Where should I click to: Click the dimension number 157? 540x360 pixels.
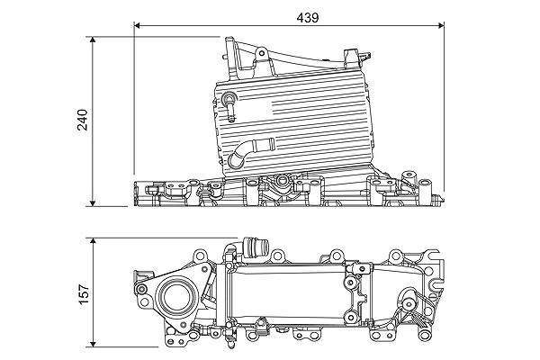pos(82,292)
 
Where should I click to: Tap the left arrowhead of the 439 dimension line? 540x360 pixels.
pos(138,25)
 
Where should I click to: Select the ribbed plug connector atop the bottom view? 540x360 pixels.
pos(253,247)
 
